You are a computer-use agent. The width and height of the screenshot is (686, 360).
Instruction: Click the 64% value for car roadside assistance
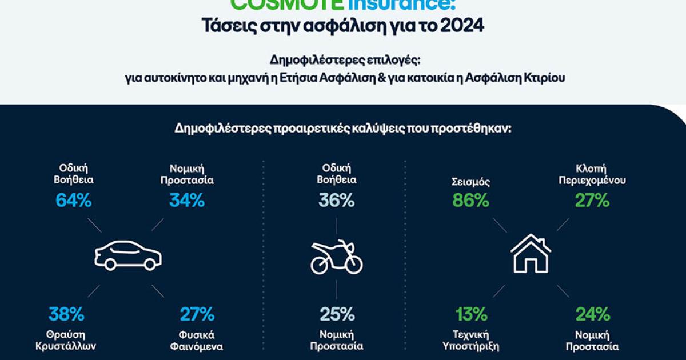point(74,201)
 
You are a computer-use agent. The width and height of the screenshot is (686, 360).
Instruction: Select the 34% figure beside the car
point(186,201)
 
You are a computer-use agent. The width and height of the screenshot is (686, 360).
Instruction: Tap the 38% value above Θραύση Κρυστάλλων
point(66,314)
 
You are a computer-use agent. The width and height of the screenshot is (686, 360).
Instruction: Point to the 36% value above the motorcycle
point(337,201)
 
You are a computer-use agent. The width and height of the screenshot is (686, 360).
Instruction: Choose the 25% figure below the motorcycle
point(337,314)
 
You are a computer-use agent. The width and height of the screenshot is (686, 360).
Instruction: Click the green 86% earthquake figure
point(470,201)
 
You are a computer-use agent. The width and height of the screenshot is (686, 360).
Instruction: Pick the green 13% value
point(471,314)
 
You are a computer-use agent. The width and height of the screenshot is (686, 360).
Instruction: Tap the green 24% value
point(592,314)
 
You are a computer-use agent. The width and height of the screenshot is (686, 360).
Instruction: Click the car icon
point(128,255)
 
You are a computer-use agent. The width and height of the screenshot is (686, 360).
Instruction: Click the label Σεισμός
point(470,182)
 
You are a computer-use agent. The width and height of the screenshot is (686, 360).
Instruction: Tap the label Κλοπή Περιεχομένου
point(592,174)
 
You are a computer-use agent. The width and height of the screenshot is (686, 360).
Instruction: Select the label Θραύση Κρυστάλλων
point(66,341)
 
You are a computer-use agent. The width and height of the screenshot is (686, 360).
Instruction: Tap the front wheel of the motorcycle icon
point(352,263)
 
